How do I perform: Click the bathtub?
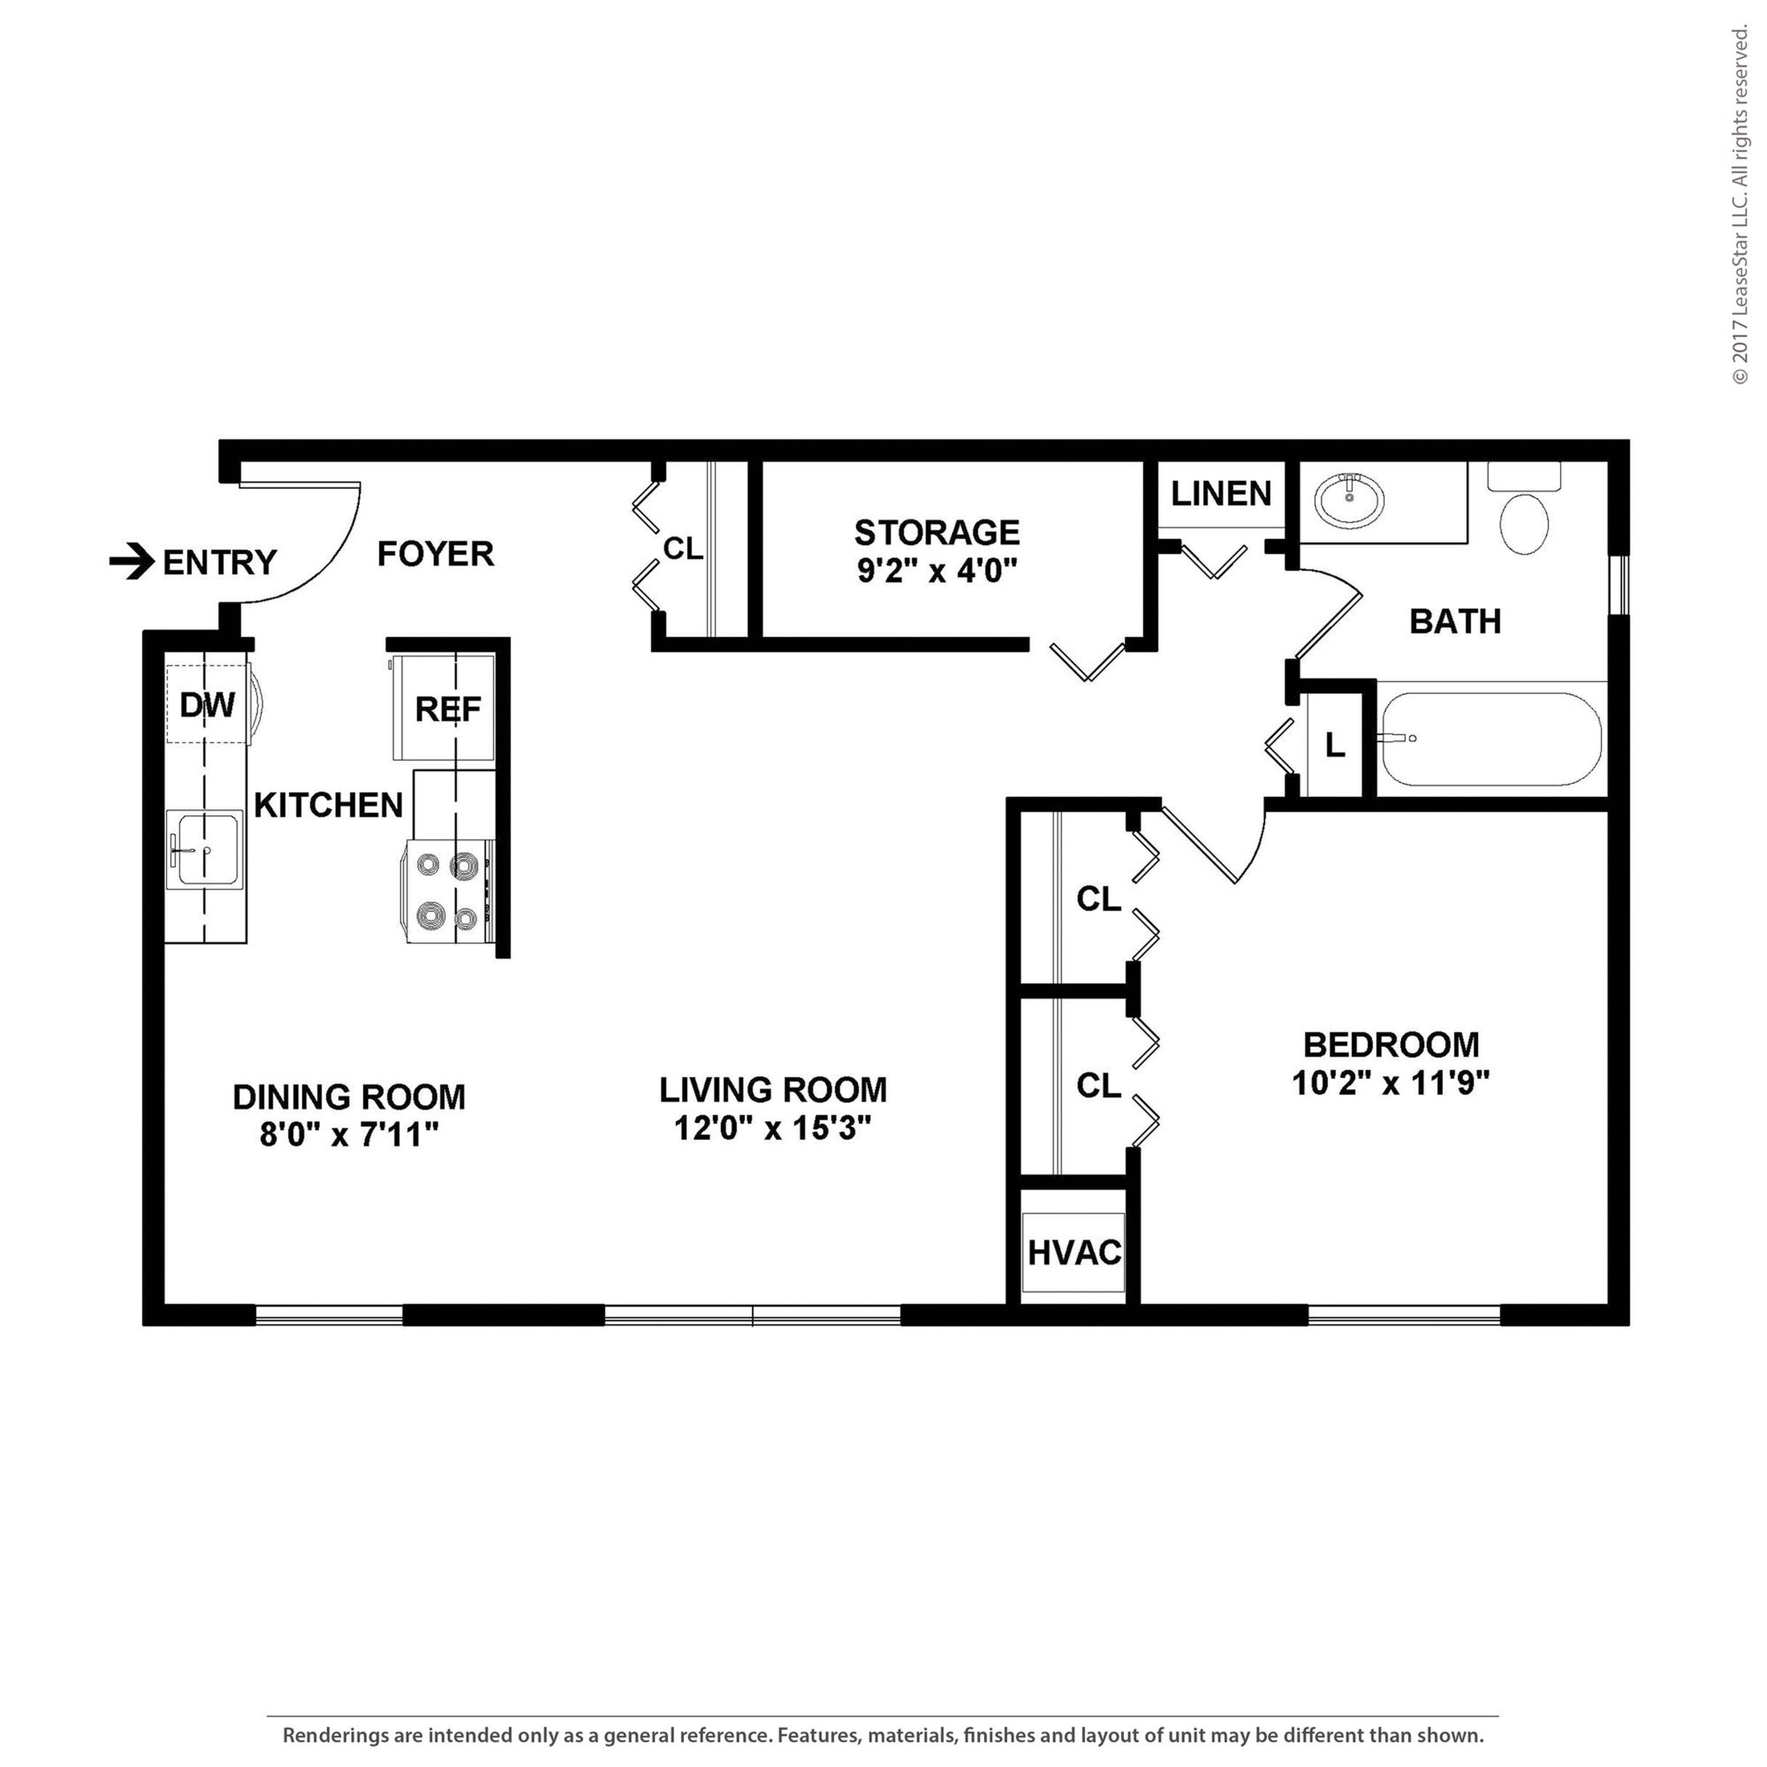pyautogui.click(x=1491, y=740)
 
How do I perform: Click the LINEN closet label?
pyautogui.click(x=1221, y=494)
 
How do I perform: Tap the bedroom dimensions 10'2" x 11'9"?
pyautogui.click(x=1391, y=1084)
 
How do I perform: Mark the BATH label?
pyautogui.click(x=1455, y=622)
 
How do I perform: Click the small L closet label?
pyautogui.click(x=1335, y=746)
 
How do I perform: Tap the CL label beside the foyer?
pyautogui.click(x=683, y=549)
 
